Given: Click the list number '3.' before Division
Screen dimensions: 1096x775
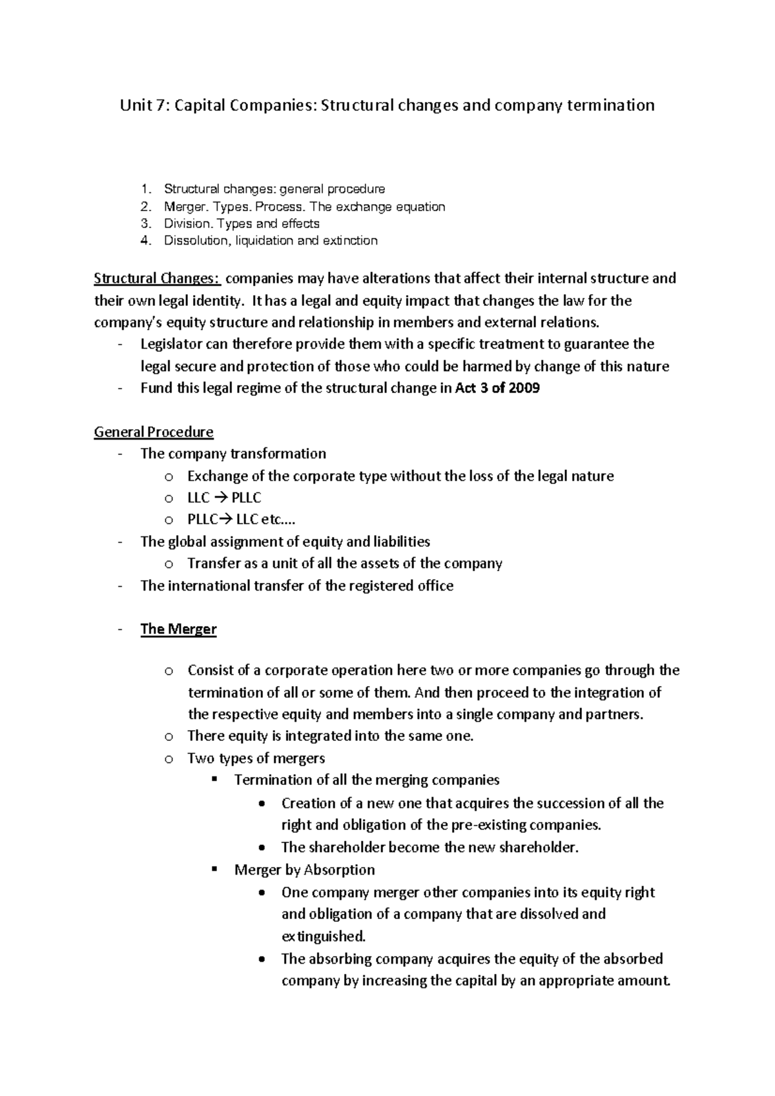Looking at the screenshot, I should tap(147, 224).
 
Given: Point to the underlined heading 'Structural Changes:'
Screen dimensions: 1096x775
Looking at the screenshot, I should tap(157, 279).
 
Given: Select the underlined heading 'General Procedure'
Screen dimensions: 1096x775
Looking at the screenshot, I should tap(154, 432).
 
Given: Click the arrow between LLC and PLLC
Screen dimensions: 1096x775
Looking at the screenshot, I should tap(220, 498).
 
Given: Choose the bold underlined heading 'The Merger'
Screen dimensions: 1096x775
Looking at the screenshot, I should tap(178, 629).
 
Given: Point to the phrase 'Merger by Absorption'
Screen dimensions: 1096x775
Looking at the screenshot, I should tap(304, 870).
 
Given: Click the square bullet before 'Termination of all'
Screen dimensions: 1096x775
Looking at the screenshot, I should tap(214, 780).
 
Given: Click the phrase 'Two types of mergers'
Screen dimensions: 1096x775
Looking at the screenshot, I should tap(256, 758).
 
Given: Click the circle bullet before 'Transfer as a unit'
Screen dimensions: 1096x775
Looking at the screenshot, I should tap(169, 564).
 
